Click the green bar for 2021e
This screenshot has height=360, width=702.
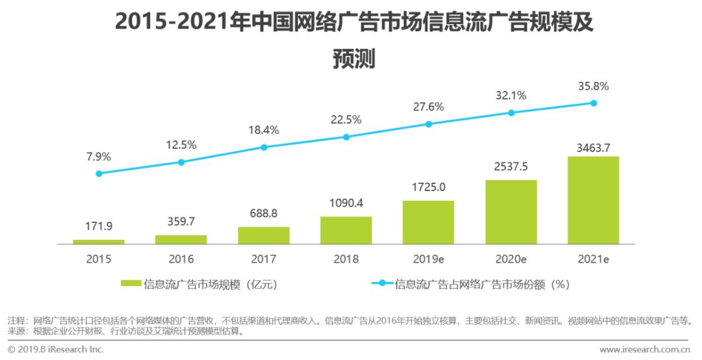[x=593, y=200]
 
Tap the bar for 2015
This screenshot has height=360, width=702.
[x=99, y=241]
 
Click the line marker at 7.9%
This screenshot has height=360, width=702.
[x=99, y=174]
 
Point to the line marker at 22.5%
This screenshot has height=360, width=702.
[x=346, y=137]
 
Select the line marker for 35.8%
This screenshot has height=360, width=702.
[x=593, y=103]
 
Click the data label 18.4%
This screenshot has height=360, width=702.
[x=264, y=130]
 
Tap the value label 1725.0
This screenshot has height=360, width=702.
[x=428, y=189]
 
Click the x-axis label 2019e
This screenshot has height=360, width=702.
[x=428, y=259]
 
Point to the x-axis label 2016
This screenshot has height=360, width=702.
[x=181, y=259]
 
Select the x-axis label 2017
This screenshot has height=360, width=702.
[x=264, y=259]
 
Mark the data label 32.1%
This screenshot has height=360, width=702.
[x=511, y=96]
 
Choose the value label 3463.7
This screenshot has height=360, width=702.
[x=593, y=148]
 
